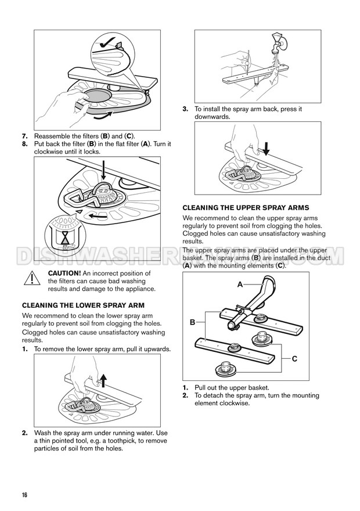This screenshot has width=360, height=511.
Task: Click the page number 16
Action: (25, 495)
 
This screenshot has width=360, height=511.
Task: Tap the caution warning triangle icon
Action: (29, 279)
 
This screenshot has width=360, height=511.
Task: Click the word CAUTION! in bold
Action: (64, 273)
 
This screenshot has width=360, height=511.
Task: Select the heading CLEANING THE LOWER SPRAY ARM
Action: (87, 305)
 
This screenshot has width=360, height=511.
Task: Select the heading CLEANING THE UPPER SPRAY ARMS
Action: (246, 207)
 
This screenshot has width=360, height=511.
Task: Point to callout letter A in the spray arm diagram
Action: (240, 285)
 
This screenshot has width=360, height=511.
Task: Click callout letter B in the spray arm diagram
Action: (192, 321)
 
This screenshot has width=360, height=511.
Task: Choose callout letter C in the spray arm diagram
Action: (294, 359)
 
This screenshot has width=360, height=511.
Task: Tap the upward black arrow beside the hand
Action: (103, 380)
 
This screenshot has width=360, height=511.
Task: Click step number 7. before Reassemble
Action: (26, 135)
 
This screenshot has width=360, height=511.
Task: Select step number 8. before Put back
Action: (26, 143)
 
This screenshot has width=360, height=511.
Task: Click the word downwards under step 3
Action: (213, 117)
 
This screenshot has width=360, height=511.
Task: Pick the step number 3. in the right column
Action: (185, 109)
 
